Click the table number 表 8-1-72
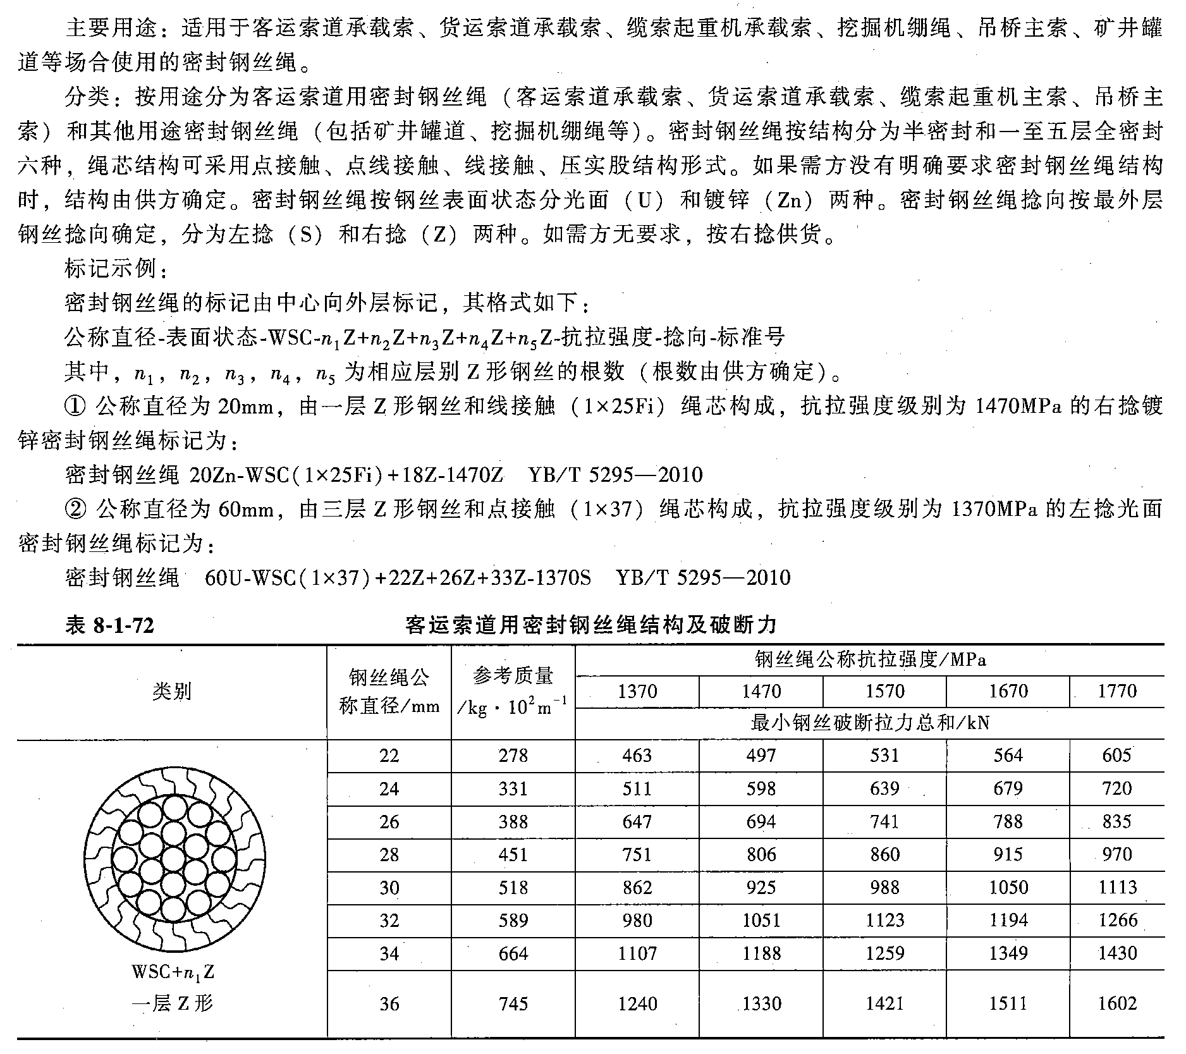tap(109, 625)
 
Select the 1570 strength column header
tap(884, 691)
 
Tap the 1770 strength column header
tap(1116, 691)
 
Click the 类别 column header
tap(172, 691)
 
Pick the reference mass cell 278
tap(513, 756)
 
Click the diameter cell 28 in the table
tap(389, 855)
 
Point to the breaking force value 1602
tap(1117, 1003)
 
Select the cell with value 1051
tap(761, 921)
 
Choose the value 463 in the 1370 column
tap(637, 756)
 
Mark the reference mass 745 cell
tap(513, 1003)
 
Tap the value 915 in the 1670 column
tap(1008, 855)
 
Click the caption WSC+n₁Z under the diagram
tap(173, 971)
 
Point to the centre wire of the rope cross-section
tap(173, 856)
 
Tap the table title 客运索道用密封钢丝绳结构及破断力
tap(590, 625)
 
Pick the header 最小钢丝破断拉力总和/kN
tap(870, 723)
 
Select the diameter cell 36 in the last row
tap(389, 1003)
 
